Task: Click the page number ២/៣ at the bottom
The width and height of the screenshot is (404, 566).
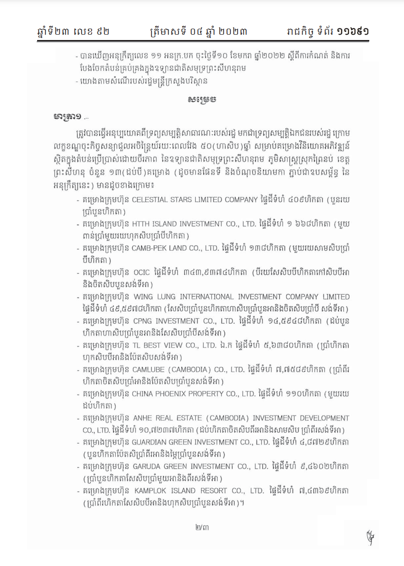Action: point(202,527)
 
